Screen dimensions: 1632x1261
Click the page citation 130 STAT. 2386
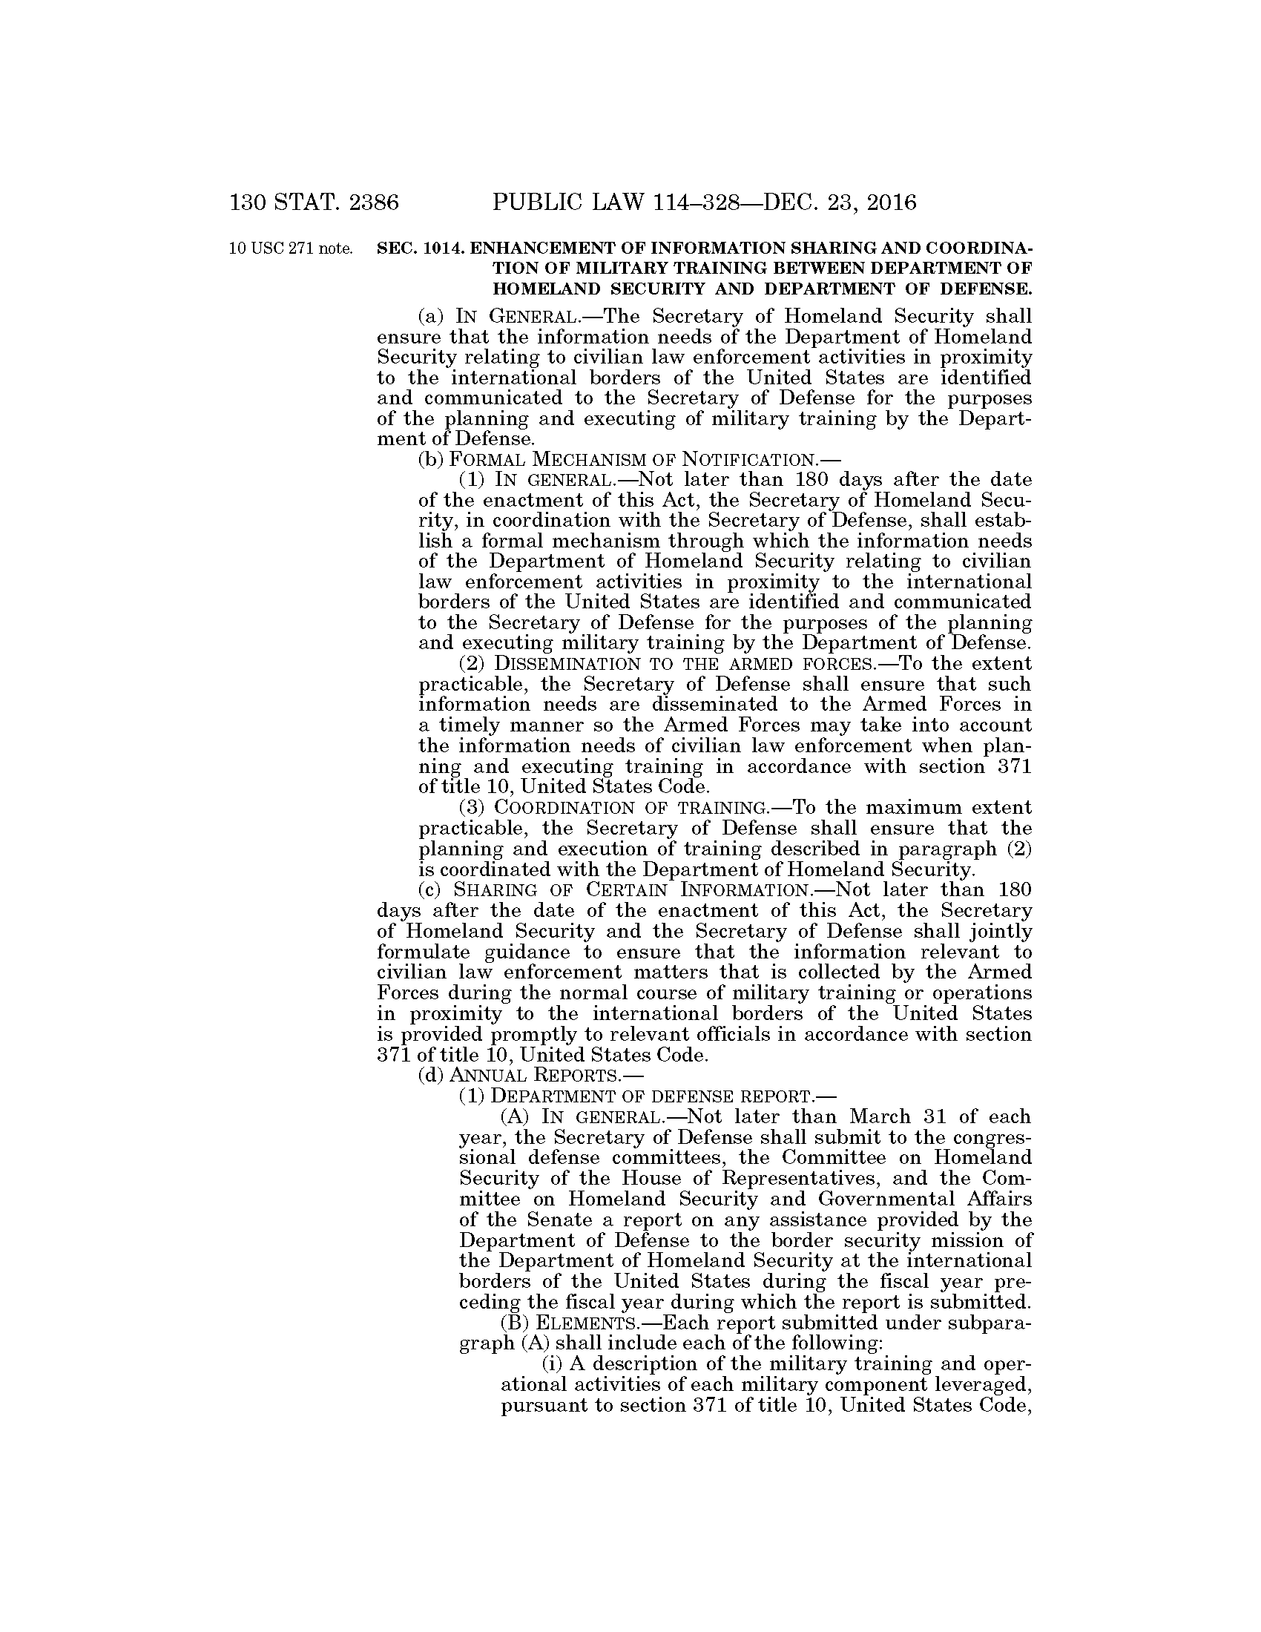315,203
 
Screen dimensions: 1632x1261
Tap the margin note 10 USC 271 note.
291,249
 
